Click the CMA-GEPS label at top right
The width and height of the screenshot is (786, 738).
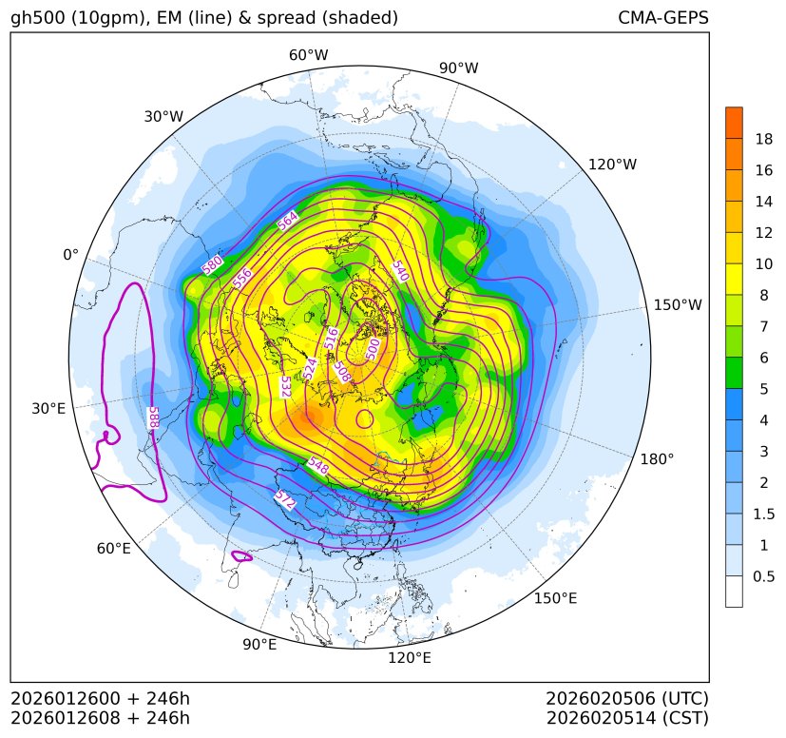tap(662, 18)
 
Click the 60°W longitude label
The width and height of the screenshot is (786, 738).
tap(308, 55)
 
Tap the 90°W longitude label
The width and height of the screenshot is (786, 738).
tap(458, 68)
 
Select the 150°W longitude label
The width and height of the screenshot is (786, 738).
tap(678, 304)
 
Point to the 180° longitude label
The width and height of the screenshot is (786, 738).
tap(657, 459)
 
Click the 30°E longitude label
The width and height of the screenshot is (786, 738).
tap(48, 409)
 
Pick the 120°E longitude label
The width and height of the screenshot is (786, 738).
tap(410, 657)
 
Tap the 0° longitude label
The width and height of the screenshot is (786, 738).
tap(70, 255)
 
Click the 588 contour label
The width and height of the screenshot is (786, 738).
tap(153, 417)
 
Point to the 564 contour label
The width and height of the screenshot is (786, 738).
tap(288, 220)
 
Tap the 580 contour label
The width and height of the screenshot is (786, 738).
tap(213, 265)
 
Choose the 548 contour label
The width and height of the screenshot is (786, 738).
tap(318, 465)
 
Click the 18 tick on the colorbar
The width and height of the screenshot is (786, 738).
tap(763, 139)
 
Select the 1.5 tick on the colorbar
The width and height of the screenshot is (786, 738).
tap(763, 514)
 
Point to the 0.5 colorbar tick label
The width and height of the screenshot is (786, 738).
tap(763, 576)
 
